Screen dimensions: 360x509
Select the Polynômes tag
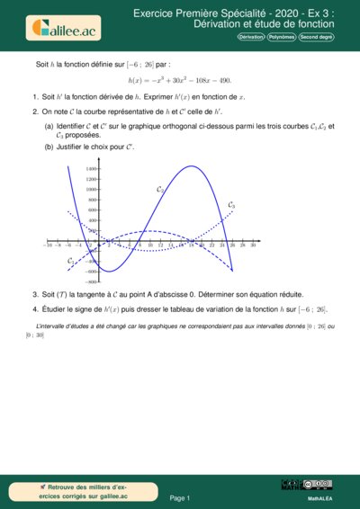[x=283, y=38]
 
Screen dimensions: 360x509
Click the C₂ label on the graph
[x=159, y=190]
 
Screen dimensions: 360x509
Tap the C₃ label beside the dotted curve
[x=231, y=206]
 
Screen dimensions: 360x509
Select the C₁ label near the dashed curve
[x=71, y=261]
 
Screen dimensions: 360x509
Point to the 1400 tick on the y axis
[x=92, y=168]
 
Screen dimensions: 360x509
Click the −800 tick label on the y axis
[x=91, y=281]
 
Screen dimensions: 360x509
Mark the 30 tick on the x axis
[x=253, y=246]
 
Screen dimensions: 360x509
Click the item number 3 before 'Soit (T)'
[x=33, y=294]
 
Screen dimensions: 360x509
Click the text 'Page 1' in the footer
[x=180, y=497]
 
